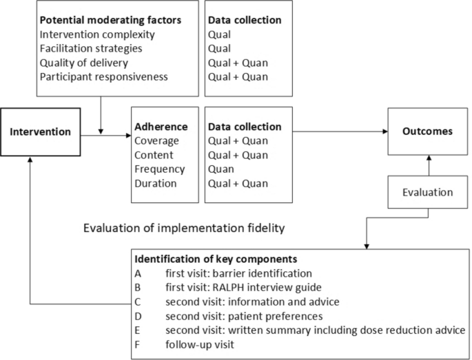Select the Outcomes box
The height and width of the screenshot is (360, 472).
coord(428,131)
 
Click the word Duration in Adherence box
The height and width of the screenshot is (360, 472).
coord(156,183)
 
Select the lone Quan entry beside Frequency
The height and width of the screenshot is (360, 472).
coord(223,169)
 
